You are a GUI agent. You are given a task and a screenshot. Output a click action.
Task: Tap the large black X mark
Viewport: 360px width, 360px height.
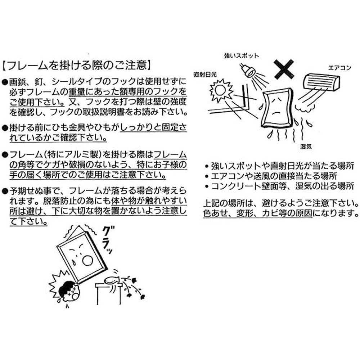(x=284, y=69)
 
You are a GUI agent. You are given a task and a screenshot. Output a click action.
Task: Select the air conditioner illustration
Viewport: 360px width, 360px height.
(x=321, y=83)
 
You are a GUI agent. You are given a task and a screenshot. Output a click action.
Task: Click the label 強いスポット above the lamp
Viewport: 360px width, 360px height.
(x=241, y=56)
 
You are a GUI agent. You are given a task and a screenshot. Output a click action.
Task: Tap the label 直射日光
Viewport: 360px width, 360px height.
(x=205, y=75)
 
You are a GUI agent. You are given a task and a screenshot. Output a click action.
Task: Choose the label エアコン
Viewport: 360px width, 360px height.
(x=340, y=68)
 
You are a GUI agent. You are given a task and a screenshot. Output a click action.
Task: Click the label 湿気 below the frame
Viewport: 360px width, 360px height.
(x=306, y=147)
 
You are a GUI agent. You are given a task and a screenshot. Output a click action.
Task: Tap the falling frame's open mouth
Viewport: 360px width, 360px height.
(x=87, y=261)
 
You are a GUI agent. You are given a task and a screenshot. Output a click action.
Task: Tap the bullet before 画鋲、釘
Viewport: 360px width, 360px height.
(x=5, y=82)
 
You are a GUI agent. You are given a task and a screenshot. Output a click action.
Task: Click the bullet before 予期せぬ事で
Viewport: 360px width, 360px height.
(x=5, y=191)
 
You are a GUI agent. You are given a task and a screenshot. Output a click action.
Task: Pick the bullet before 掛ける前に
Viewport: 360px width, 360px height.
(x=5, y=128)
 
